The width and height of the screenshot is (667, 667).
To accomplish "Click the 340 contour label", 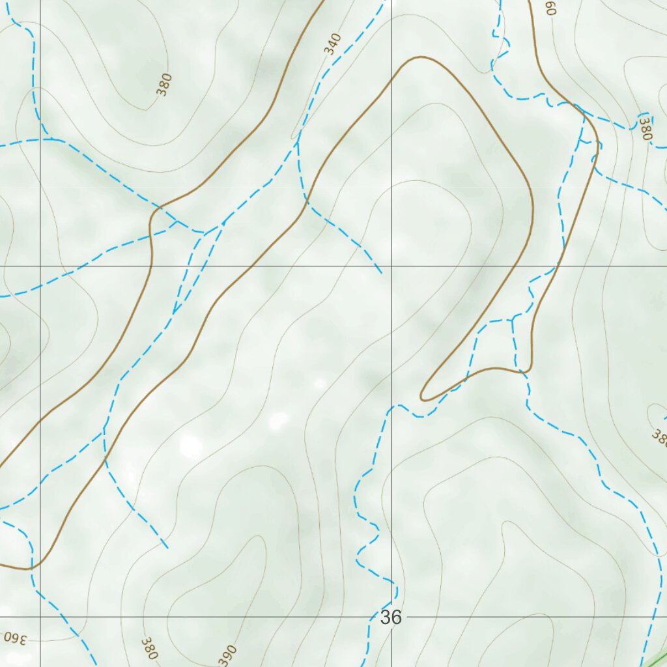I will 332,44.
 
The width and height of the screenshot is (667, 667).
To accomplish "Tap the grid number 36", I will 390,617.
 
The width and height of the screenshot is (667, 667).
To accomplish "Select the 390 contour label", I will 228,655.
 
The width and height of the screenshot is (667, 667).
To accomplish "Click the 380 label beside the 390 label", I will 149,648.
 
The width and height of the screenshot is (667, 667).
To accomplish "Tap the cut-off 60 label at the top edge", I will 550,8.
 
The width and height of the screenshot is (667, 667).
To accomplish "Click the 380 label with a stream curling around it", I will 645,128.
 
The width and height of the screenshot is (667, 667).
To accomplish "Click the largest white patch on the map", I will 191,446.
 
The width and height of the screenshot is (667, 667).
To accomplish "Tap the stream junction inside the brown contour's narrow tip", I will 513,320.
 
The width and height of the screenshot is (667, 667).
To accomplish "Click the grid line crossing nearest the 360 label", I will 40,616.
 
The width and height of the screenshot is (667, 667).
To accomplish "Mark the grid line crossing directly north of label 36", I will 391,267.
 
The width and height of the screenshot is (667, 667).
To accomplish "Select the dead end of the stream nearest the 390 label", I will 167,547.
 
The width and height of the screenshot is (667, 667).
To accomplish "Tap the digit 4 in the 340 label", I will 332,44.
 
